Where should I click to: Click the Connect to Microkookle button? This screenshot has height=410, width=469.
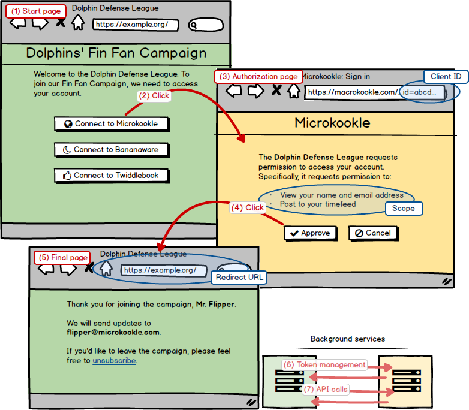(111, 124)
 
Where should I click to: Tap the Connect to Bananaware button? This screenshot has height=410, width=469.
(111, 150)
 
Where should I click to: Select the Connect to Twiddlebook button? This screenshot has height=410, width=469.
(111, 176)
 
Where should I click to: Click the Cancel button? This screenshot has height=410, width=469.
(372, 233)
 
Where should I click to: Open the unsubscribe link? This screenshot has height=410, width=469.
(114, 361)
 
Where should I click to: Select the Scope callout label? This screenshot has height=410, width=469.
(404, 208)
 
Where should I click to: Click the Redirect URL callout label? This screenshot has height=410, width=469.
(237, 278)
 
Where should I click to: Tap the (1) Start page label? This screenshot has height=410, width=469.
(36, 11)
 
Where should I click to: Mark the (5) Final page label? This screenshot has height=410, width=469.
(62, 257)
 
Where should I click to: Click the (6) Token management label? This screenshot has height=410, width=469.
(324, 364)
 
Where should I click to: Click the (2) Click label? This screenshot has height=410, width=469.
(154, 95)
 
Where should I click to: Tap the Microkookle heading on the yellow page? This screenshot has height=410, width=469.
(332, 123)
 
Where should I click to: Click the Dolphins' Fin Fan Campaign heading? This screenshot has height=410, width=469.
(116, 53)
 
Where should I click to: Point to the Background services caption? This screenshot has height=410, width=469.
(348, 339)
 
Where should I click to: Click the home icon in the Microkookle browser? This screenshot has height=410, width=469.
(293, 91)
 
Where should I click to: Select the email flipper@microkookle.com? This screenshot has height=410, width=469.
(113, 332)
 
